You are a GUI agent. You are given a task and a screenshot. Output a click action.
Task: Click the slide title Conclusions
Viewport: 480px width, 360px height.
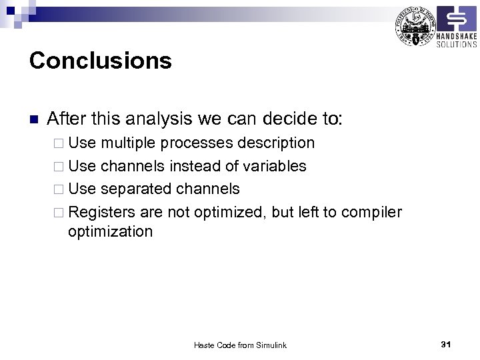101,61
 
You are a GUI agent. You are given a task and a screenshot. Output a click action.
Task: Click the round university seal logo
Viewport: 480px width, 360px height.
414,26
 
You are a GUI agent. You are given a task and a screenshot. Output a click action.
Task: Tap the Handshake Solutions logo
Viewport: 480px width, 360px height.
457,27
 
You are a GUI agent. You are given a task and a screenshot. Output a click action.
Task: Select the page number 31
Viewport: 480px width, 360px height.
446,344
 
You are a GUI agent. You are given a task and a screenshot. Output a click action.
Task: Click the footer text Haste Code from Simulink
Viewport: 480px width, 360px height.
240,345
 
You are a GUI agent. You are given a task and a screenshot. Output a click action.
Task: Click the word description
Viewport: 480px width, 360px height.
274,143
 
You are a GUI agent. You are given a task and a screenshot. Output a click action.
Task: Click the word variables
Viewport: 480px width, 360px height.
271,166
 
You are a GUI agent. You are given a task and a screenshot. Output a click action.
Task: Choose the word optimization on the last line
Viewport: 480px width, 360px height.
110,232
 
